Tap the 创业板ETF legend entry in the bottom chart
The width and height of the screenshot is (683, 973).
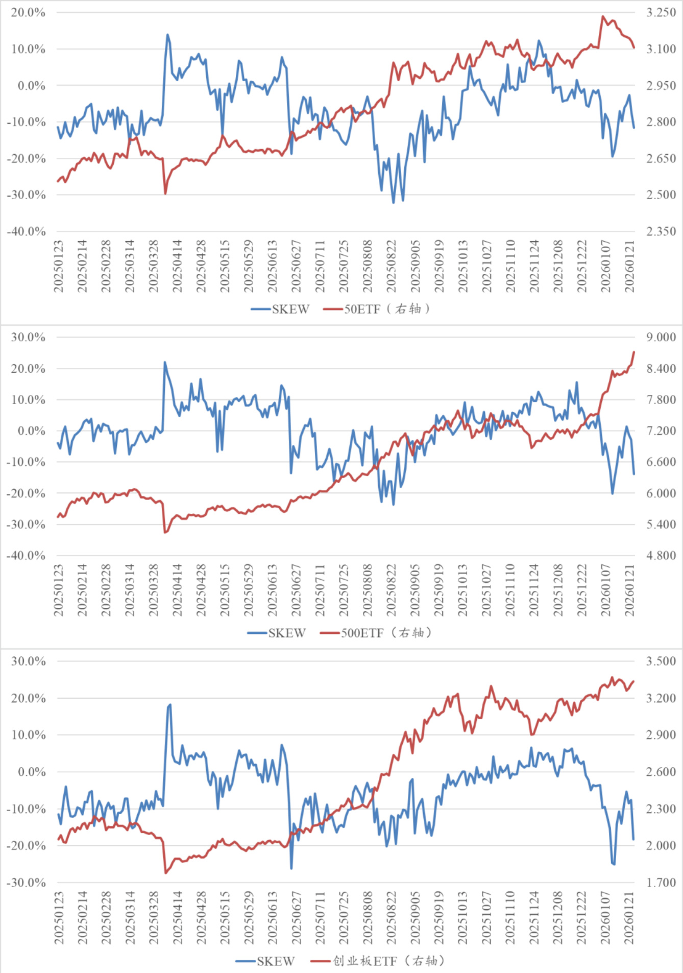click(378, 961)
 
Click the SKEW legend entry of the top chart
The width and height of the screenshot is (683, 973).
click(280, 309)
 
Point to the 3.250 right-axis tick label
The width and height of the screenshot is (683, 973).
click(661, 12)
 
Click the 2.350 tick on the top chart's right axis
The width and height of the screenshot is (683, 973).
click(661, 231)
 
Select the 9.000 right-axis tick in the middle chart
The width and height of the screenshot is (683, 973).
click(661, 337)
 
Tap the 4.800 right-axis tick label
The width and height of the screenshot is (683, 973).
click(661, 556)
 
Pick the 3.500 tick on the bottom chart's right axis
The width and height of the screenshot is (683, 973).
click(661, 661)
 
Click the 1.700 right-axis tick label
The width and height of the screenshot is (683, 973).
click(661, 883)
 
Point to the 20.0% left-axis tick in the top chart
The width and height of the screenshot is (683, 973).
click(28, 12)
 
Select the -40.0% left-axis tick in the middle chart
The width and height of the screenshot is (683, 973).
click(26, 556)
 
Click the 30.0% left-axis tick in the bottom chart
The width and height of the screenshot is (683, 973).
click(28, 661)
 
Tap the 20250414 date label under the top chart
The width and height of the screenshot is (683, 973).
click(177, 266)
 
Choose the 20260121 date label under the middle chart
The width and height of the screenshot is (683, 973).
click(629, 590)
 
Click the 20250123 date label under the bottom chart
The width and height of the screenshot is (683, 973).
click(59, 918)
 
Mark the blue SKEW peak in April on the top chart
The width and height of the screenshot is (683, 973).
click(167, 35)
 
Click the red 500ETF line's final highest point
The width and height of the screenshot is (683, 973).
click(633, 352)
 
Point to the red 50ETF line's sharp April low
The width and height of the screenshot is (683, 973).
click(165, 194)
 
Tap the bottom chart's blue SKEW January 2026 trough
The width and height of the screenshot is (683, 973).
click(613, 864)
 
